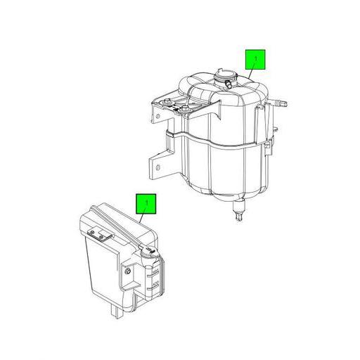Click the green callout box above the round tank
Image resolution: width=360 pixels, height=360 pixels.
point(255,60)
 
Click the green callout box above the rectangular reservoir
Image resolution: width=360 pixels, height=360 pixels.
point(146,204)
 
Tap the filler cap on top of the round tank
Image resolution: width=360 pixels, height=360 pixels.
point(226,77)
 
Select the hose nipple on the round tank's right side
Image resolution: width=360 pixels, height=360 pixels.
point(279,102)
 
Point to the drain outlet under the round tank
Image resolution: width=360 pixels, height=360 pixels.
point(239,210)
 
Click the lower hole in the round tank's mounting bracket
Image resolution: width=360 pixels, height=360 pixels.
point(157,167)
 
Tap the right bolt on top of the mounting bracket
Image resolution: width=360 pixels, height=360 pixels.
point(185,108)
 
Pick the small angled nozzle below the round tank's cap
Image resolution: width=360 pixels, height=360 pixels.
point(228,84)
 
